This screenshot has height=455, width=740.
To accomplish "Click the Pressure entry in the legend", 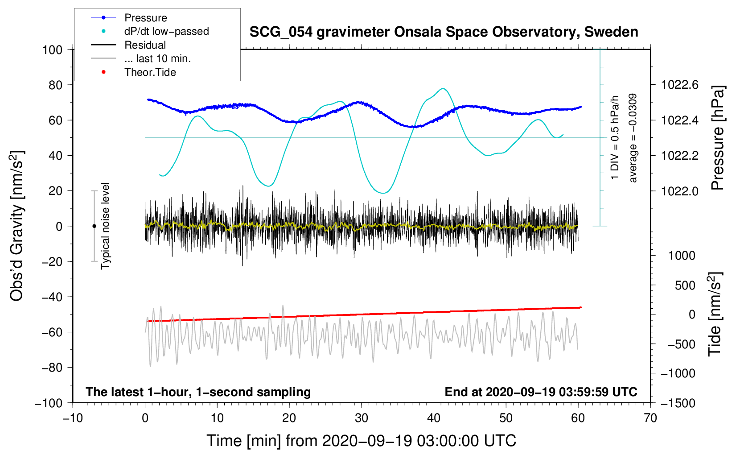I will (x=145, y=18).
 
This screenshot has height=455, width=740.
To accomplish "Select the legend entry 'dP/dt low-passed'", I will (x=166, y=31).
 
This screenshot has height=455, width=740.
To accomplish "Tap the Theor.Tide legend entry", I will (x=150, y=72).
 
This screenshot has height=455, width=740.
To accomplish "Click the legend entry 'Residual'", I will (x=145, y=45).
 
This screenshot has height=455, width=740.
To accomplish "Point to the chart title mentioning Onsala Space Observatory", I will (x=444, y=32).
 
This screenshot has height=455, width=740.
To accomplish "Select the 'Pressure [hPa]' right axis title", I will (x=717, y=138).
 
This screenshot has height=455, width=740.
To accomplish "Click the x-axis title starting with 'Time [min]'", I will (x=361, y=441).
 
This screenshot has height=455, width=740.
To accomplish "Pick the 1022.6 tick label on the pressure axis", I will (x=679, y=85).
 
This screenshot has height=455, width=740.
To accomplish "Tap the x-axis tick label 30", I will (x=361, y=418).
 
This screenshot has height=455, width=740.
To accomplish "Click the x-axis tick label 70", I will (x=650, y=418).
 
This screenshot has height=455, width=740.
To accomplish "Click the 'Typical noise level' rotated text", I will (x=105, y=226).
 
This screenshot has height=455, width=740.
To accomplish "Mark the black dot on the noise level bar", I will (x=94, y=226).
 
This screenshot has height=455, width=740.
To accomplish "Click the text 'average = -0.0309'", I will (x=633, y=138).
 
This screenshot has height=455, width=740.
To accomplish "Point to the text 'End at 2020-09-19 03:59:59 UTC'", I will (x=541, y=392).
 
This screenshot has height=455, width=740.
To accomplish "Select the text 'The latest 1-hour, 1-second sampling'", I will (x=198, y=392).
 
